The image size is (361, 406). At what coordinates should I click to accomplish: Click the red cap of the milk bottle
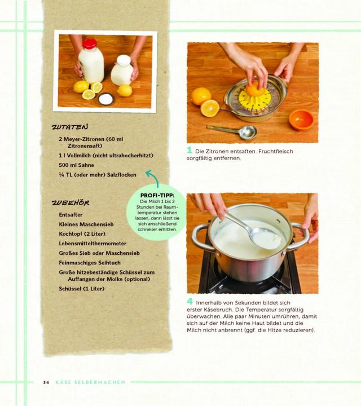(x=90, y=43)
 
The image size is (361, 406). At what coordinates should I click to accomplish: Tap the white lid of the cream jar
(x=124, y=60)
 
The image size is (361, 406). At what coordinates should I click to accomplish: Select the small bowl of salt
(x=105, y=99)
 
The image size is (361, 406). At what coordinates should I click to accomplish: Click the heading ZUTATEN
(x=70, y=127)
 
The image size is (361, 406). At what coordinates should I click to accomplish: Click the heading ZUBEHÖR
(x=71, y=203)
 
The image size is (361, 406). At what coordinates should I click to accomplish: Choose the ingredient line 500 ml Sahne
(x=76, y=165)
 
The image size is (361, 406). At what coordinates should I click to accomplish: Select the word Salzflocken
(x=121, y=175)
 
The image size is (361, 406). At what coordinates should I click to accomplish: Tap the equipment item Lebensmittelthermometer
(x=93, y=244)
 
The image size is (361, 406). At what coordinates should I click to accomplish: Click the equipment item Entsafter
(x=71, y=215)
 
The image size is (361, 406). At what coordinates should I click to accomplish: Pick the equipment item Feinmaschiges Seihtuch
(x=90, y=263)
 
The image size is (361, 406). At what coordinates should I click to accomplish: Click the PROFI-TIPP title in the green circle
(x=157, y=196)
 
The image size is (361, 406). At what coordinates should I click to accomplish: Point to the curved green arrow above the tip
(x=153, y=176)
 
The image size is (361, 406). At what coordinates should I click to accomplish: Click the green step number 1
(x=190, y=150)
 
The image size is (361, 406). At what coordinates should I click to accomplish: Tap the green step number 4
(x=190, y=301)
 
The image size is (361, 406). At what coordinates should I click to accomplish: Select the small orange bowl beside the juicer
(x=301, y=120)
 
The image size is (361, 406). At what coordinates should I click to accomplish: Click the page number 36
(x=46, y=382)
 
